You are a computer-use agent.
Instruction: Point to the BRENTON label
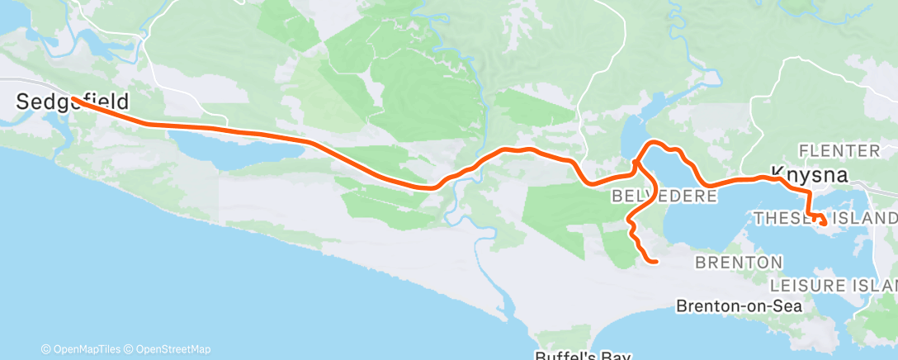point(739,262)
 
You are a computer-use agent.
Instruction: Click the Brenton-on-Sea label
point(739,306)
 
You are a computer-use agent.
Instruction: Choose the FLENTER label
point(840,150)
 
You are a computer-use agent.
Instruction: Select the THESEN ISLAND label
point(825,218)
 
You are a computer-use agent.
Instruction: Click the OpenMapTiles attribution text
point(81,349)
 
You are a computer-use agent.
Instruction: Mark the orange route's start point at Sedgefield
point(73,98)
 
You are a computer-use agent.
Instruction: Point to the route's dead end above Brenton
point(655,263)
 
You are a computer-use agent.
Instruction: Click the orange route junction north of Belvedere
point(636,163)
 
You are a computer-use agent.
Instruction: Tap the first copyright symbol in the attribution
point(45,349)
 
